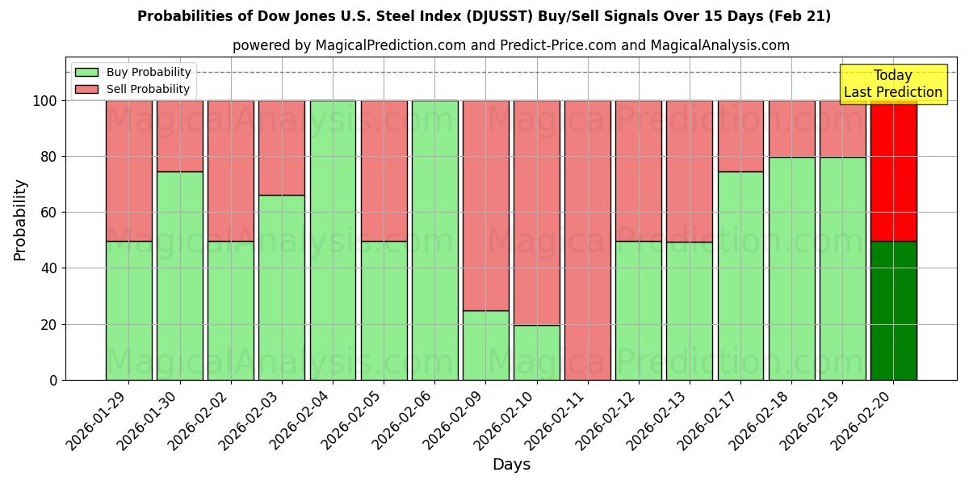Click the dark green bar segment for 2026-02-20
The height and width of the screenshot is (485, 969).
[893, 310]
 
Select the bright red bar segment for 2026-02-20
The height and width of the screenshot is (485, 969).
[893, 171]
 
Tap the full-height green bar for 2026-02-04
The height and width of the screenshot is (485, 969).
[333, 240]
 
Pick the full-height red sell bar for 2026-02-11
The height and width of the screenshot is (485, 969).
[588, 240]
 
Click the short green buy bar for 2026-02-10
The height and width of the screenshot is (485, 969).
[537, 352]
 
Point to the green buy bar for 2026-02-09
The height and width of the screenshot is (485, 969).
[486, 345]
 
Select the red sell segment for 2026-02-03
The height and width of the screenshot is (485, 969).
[282, 148]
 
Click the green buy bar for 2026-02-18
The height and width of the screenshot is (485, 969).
[791, 268]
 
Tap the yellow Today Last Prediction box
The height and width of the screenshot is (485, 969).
[892, 84]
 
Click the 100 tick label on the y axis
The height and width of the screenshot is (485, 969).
[44, 101]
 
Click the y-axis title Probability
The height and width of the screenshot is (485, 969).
[20, 219]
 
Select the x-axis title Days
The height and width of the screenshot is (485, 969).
[511, 465]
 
